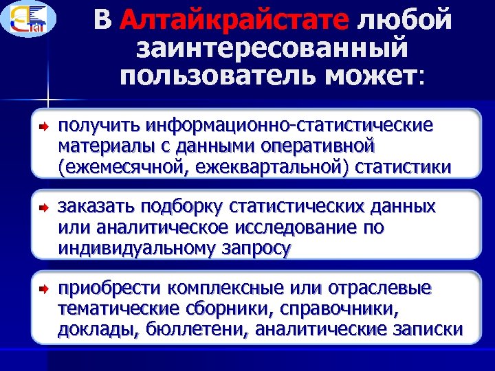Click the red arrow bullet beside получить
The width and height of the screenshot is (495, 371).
42,126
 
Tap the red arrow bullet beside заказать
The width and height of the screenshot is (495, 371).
42,207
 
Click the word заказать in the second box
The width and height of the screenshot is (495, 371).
96,206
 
